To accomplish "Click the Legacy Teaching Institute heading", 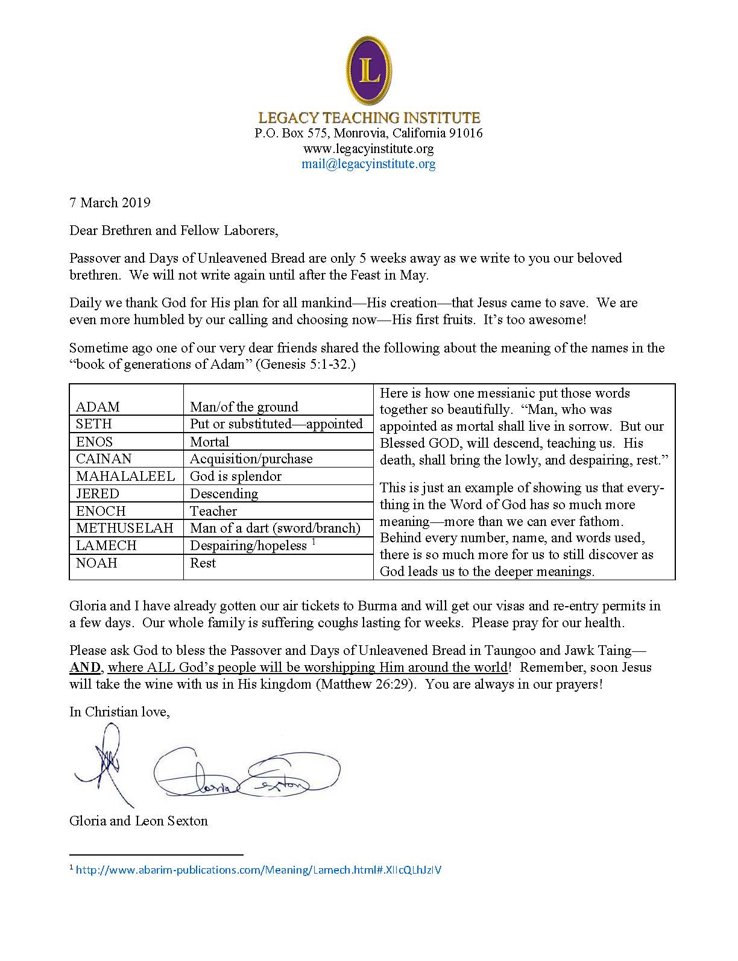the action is (x=369, y=117).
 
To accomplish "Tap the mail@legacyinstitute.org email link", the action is (x=368, y=164).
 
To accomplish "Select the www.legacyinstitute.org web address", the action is (x=368, y=148).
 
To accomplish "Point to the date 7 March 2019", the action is (x=110, y=202).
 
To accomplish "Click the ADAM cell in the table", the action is (x=98, y=407).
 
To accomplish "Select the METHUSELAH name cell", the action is (x=124, y=528).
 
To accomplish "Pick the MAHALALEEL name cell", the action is (x=125, y=476).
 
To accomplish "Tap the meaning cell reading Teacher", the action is (x=213, y=511).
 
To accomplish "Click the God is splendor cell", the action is (x=236, y=476).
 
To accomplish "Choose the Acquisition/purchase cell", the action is (x=251, y=459).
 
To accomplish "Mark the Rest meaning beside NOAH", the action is (x=203, y=563).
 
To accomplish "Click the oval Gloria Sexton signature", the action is (x=247, y=775).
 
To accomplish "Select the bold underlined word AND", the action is (x=87, y=668).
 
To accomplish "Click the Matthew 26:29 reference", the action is (x=364, y=684).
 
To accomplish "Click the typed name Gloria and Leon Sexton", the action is (x=139, y=821).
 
